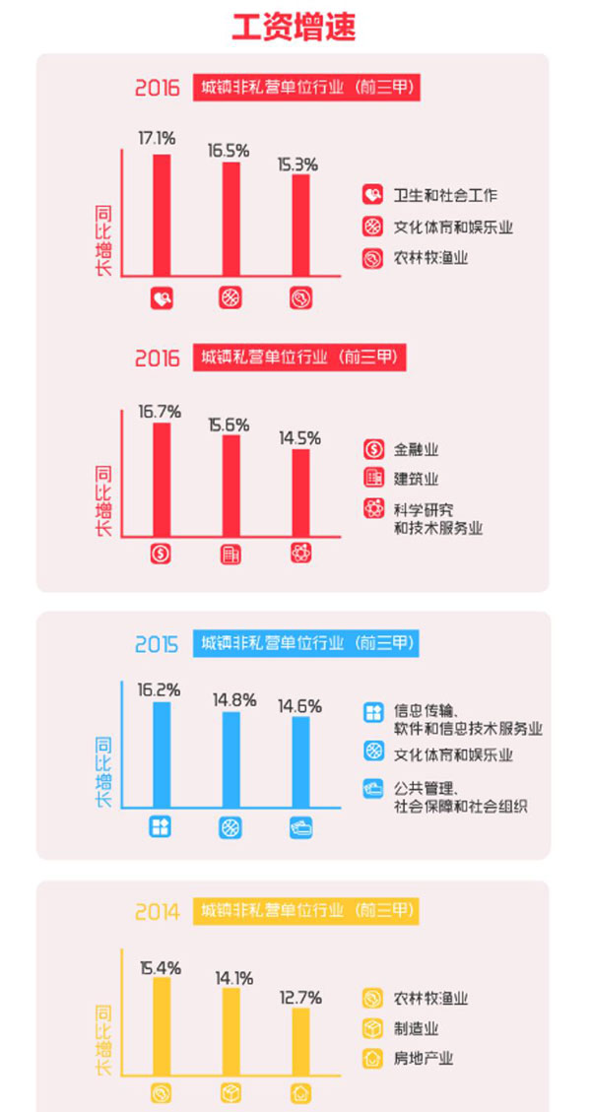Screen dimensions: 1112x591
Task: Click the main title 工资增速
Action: (x=294, y=27)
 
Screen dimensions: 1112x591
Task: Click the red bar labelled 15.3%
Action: (x=300, y=227)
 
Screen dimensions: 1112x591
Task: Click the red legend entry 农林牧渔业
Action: (x=430, y=259)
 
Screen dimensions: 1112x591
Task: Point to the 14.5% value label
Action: (x=299, y=436)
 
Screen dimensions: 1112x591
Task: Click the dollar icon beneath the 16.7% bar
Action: (x=162, y=554)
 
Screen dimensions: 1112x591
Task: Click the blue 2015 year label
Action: (x=157, y=645)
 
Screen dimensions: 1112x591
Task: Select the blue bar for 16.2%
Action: (x=162, y=752)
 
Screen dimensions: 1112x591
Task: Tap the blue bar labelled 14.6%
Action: (x=300, y=760)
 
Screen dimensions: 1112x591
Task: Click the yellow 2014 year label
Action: (x=158, y=911)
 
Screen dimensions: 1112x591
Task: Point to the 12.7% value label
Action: (x=299, y=997)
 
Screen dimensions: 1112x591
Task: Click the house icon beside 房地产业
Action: (x=372, y=1060)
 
